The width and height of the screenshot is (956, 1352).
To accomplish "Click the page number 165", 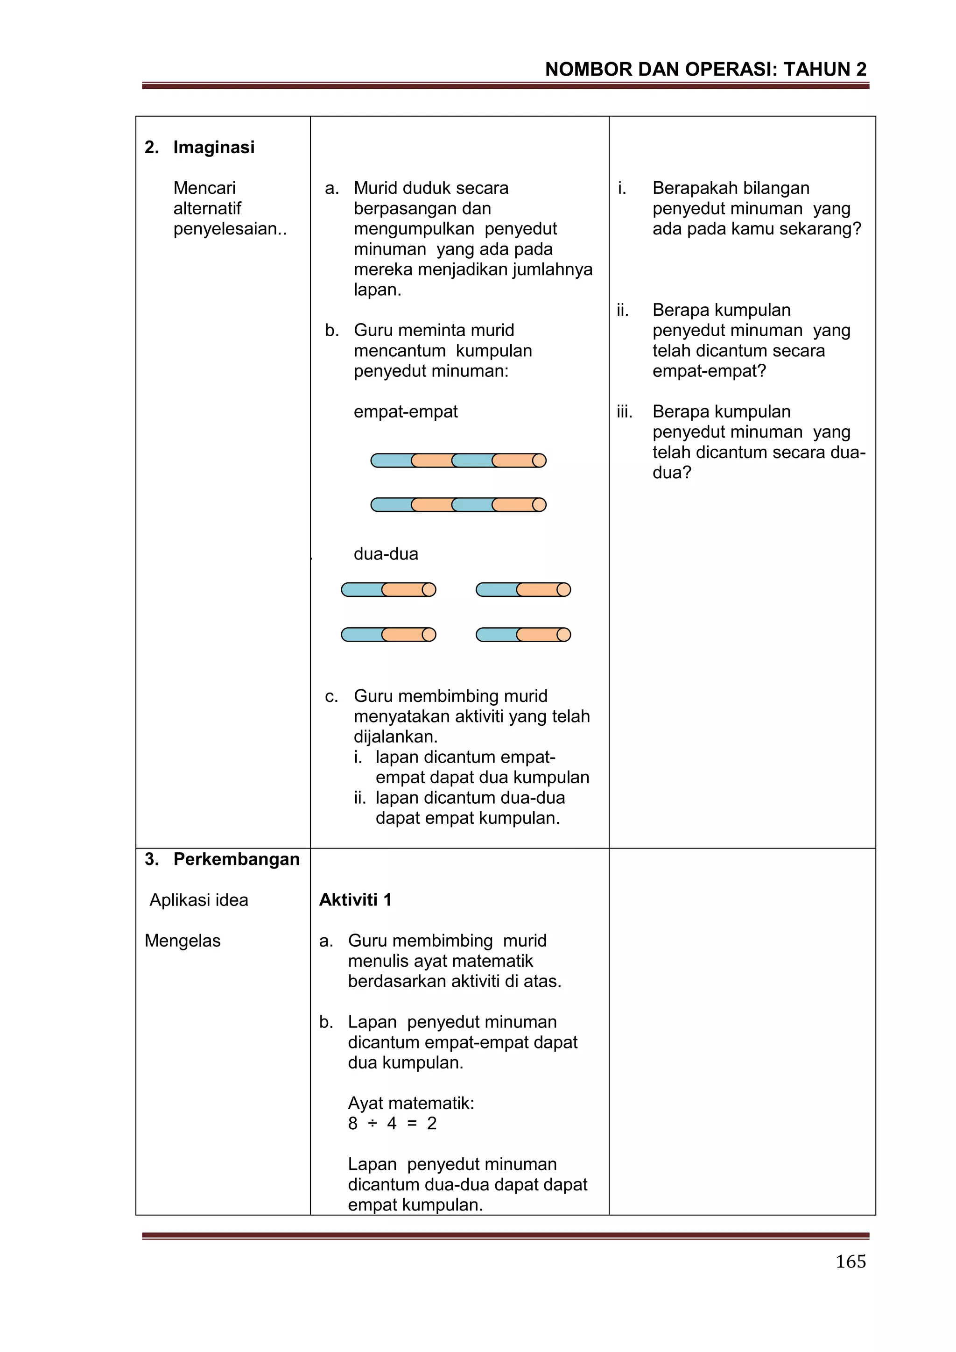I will pos(850,1261).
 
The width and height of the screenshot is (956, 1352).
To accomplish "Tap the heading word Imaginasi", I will pos(214,147).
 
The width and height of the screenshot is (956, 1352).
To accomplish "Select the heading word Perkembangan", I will pos(236,859).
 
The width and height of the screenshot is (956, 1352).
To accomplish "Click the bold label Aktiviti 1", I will pos(355,900).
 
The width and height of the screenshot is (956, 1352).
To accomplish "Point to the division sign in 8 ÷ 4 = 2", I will pos(372,1124).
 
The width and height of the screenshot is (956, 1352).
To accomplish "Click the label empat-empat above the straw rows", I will pos(405,411).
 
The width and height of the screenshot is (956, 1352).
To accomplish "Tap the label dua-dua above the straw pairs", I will pos(386,554).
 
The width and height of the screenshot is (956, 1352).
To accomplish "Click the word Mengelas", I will pos(183,941).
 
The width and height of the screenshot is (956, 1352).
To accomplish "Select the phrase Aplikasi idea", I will pos(198,900).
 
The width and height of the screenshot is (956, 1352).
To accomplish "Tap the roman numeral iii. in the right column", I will pos(625,411).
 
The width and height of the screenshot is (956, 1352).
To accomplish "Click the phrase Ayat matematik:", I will pos(411,1103).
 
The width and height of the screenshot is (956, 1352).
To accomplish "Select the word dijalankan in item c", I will pos(394,736).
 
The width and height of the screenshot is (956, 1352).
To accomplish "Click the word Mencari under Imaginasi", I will pos(204,188).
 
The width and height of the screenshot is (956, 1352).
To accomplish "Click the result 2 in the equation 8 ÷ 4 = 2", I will pos(431,1124).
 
